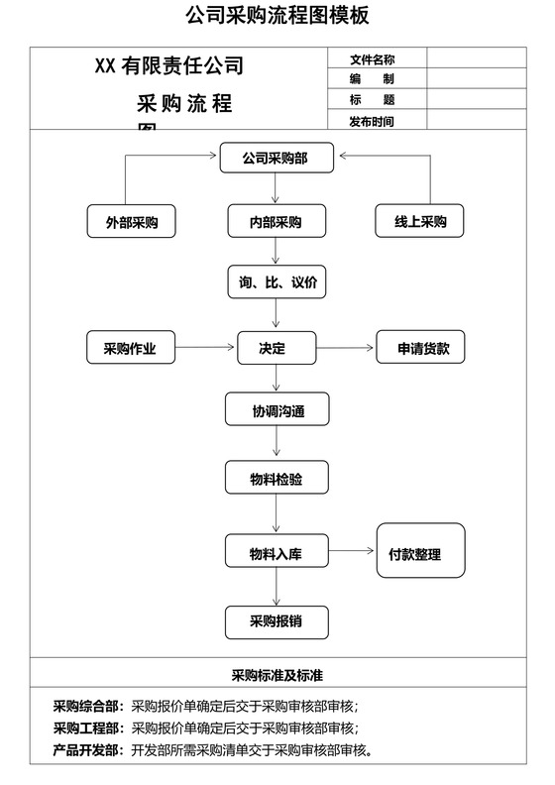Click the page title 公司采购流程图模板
click(277, 16)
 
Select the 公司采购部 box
click(277, 158)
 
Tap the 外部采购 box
click(131, 221)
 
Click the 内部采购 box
click(277, 221)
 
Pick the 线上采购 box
click(420, 221)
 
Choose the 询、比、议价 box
click(277, 282)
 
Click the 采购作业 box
click(131, 348)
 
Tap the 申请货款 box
click(420, 348)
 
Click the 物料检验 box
click(277, 481)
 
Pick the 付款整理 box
click(420, 551)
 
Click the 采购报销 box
click(277, 621)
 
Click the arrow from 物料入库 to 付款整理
click(352, 551)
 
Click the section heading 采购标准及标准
click(277, 676)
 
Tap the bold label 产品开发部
click(88, 750)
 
